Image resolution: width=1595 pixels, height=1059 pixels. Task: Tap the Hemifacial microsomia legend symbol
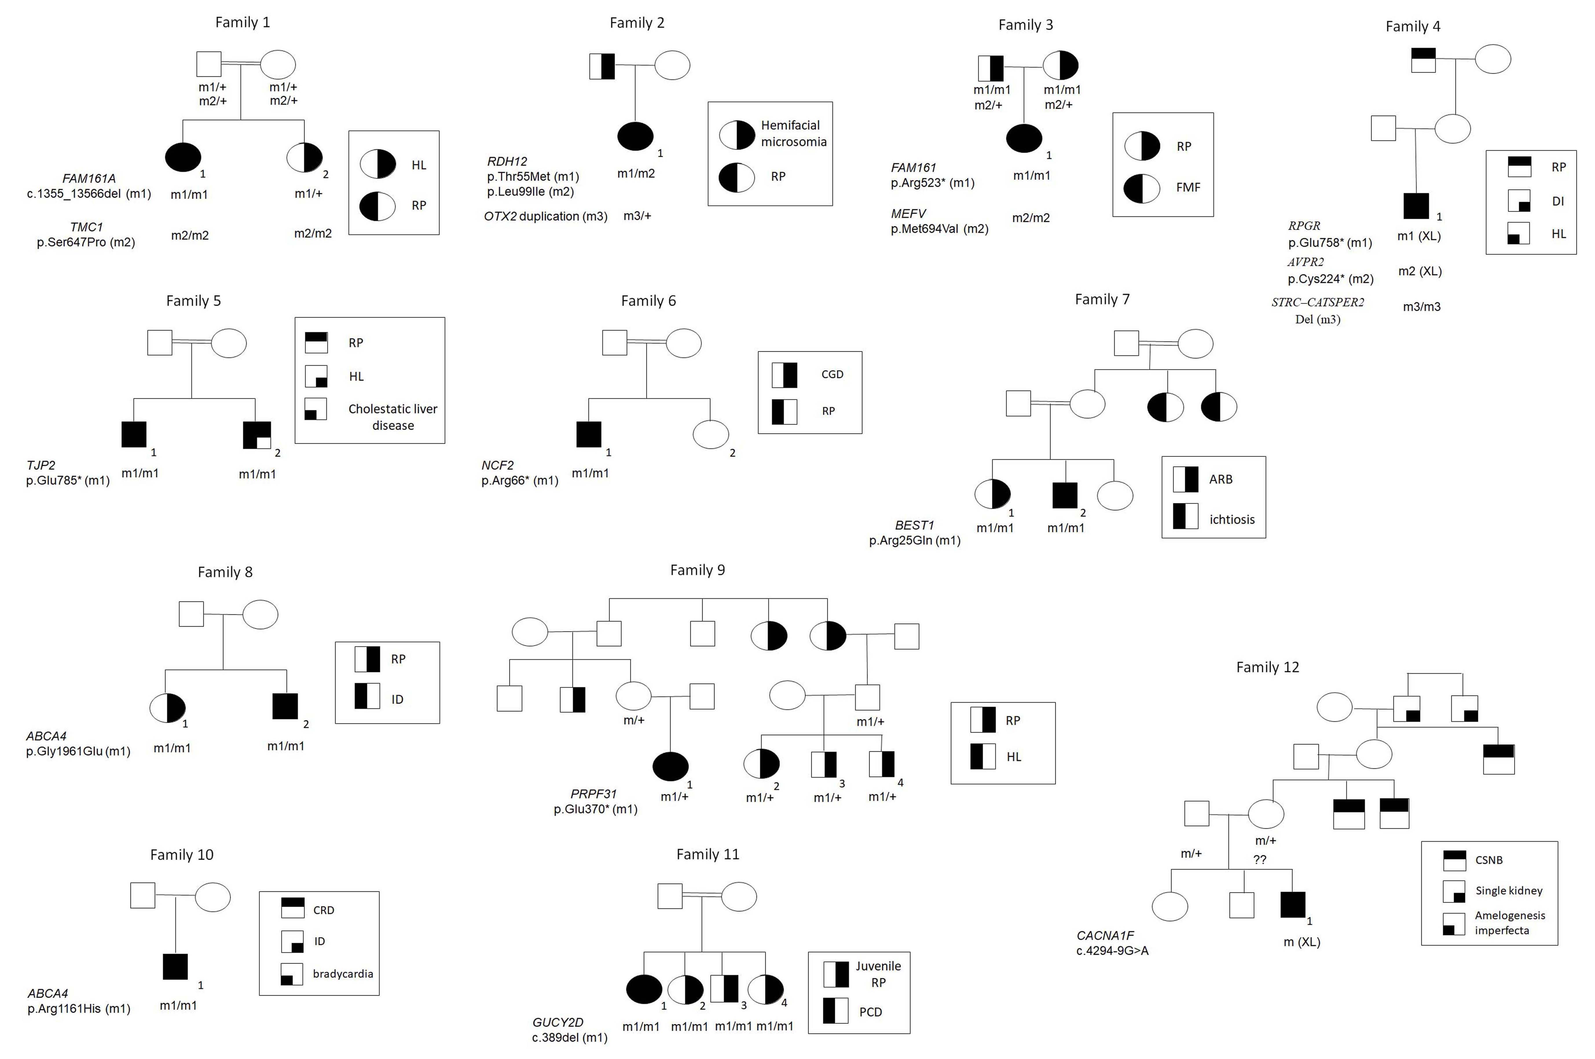click(736, 135)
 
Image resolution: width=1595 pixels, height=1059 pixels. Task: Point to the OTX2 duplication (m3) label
click(545, 216)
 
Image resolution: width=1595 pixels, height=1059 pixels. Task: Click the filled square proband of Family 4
click(1416, 206)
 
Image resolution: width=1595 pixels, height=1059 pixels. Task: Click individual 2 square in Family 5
click(257, 435)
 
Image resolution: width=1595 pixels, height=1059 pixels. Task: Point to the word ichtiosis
click(1231, 519)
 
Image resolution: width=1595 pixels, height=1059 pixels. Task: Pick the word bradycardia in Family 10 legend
click(342, 974)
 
